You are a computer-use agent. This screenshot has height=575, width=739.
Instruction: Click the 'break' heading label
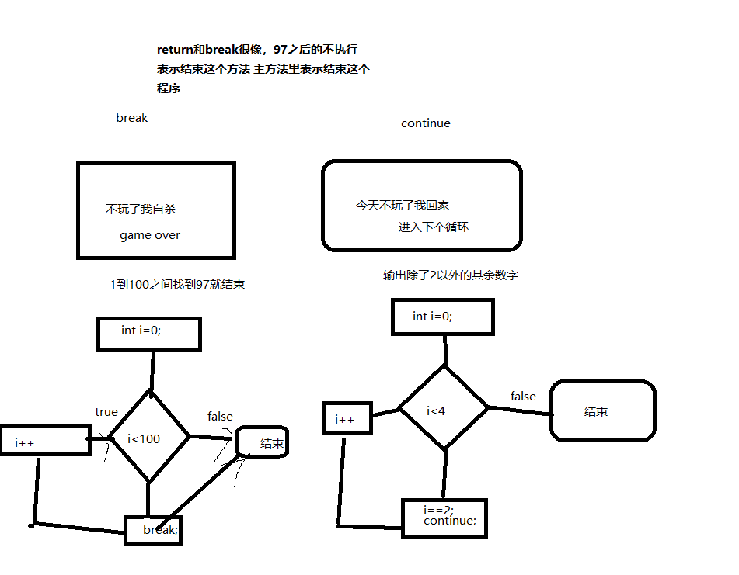[x=131, y=118]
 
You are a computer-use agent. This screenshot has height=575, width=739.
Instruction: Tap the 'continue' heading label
[x=425, y=123]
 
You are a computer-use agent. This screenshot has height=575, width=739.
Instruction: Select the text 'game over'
[x=149, y=235]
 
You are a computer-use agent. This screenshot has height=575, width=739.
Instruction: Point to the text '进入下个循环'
[x=434, y=227]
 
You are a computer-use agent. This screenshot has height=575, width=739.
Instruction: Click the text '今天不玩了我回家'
[x=403, y=206]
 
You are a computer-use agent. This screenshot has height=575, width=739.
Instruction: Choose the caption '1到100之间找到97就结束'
[x=178, y=285]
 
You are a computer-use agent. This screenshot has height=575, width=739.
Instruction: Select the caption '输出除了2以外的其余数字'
[x=451, y=275]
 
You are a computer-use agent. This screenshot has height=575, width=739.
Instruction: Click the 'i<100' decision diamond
[x=147, y=439]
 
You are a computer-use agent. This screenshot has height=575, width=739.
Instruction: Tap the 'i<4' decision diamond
[x=443, y=409]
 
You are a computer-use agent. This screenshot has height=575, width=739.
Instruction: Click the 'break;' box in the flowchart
[x=153, y=530]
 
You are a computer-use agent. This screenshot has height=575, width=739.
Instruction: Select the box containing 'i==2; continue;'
[x=444, y=518]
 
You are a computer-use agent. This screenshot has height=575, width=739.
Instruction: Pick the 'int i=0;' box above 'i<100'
[x=148, y=333]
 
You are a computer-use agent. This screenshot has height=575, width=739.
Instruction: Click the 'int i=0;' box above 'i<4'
[x=441, y=317]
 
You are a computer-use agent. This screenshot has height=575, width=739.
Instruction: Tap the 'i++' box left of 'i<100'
[x=46, y=441]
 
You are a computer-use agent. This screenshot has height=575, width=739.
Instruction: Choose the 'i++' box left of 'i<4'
[x=347, y=419]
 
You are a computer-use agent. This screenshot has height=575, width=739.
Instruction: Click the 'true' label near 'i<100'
[x=106, y=412]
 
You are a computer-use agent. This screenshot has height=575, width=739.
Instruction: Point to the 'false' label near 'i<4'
[x=523, y=397]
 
